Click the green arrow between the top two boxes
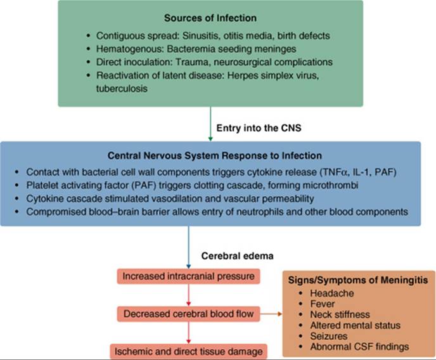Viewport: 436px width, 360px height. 210,124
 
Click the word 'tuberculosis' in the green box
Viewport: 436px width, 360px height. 119,89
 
